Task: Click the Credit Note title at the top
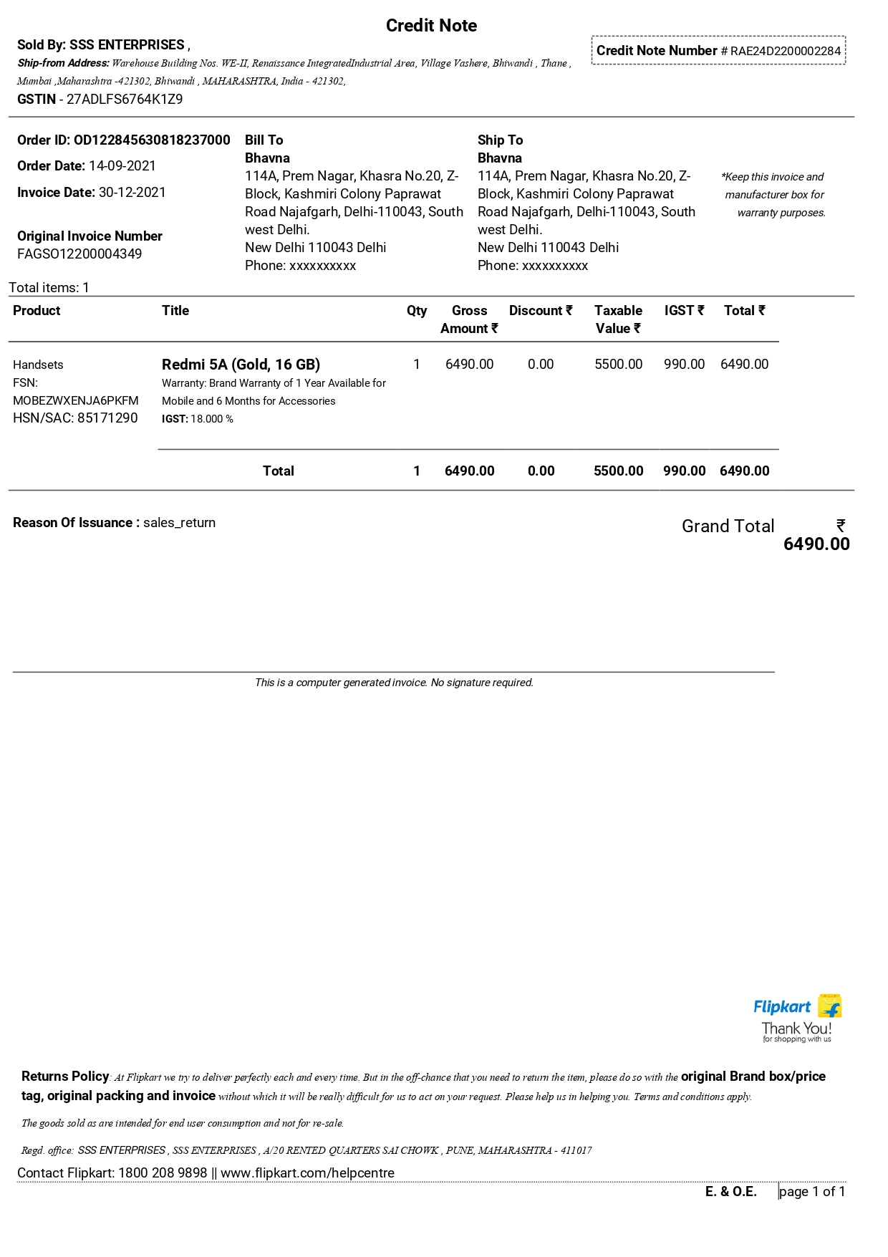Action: (x=431, y=26)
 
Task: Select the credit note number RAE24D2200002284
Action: (x=785, y=51)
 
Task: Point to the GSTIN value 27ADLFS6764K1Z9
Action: (x=125, y=100)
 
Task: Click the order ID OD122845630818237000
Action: (x=152, y=140)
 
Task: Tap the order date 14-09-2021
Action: (x=122, y=166)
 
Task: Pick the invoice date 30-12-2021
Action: (x=132, y=193)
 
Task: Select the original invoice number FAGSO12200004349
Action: (x=79, y=254)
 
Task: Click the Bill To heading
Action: (x=264, y=140)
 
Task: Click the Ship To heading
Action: (x=500, y=140)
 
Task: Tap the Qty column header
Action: (x=417, y=311)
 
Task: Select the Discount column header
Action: (x=541, y=311)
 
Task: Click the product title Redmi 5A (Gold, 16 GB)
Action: (x=241, y=365)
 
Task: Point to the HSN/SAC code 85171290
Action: (x=107, y=418)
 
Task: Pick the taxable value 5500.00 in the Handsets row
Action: (x=618, y=365)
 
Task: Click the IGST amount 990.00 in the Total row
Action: (x=684, y=471)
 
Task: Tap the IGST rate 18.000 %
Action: (x=212, y=419)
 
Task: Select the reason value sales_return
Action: (x=179, y=523)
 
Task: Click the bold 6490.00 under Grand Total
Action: (x=816, y=544)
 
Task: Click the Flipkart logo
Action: (x=796, y=1007)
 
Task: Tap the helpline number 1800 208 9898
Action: (x=163, y=1173)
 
